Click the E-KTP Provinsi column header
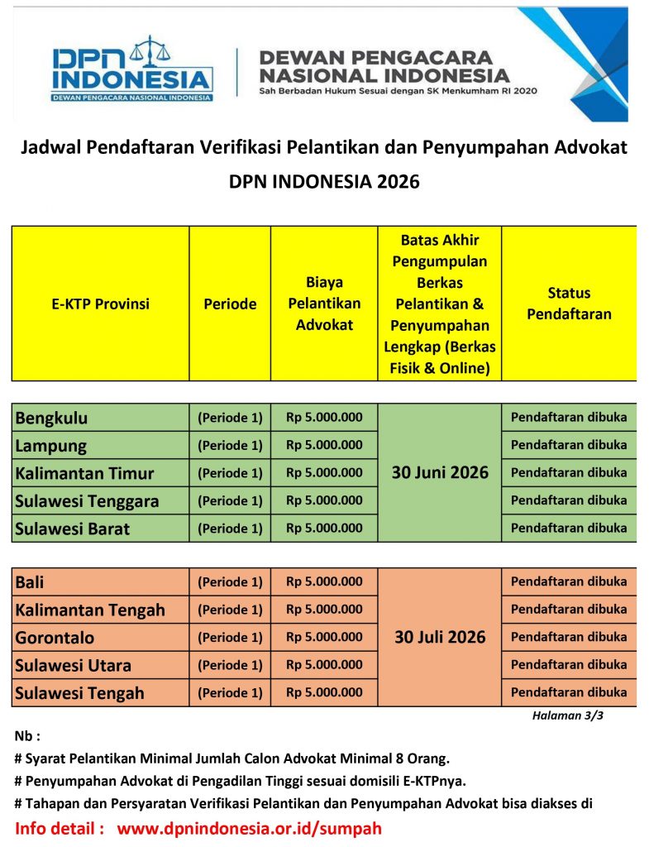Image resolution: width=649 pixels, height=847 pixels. point(100,304)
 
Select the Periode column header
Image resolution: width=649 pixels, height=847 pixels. point(230,304)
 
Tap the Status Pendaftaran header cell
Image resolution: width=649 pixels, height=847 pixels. point(569,304)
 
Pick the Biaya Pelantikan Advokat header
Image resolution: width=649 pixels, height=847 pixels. point(324,304)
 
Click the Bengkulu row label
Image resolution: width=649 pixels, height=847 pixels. point(51,418)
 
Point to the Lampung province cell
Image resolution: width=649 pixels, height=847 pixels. point(50,446)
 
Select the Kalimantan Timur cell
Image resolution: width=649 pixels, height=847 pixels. point(84,473)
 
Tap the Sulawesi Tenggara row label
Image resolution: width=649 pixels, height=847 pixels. point(87,500)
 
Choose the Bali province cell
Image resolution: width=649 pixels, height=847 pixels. point(30,582)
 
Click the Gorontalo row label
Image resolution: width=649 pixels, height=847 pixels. point(55,638)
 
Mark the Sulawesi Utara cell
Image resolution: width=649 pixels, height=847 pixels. point(73,665)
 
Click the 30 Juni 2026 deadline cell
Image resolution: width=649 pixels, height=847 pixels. point(440,473)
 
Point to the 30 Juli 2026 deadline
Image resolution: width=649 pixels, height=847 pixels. point(440,638)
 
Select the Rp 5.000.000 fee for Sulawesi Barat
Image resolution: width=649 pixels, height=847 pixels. point(324,528)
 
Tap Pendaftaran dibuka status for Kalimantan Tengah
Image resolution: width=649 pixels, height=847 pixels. point(569,610)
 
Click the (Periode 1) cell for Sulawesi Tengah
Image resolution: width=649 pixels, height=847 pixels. point(230,692)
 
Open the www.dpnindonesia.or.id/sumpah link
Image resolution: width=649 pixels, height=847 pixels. point(249,828)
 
